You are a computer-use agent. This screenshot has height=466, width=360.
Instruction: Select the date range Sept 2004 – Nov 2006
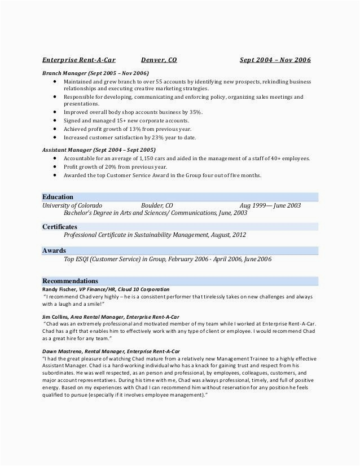(x=275, y=60)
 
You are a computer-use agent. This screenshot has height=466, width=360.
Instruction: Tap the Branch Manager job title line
(x=95, y=73)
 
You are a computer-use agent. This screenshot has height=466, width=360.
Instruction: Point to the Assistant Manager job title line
(x=99, y=151)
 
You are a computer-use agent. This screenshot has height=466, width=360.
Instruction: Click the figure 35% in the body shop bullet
(x=194, y=112)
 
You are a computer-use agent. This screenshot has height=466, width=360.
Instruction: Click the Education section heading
(x=58, y=197)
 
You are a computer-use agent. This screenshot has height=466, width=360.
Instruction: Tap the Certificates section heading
(x=60, y=226)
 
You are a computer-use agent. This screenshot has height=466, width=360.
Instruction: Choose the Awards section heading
(x=54, y=250)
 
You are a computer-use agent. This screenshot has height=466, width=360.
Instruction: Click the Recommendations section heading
(x=70, y=280)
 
